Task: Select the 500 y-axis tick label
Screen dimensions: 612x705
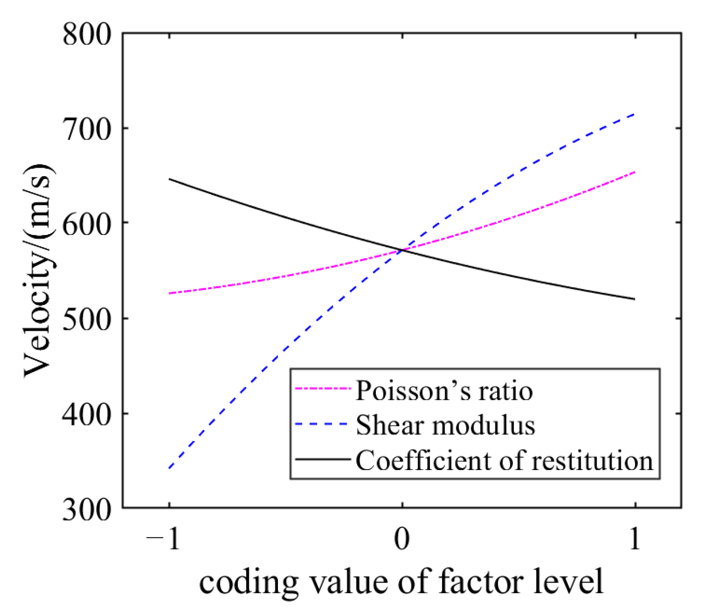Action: pyautogui.click(x=87, y=318)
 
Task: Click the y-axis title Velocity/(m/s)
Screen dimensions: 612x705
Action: pyautogui.click(x=38, y=271)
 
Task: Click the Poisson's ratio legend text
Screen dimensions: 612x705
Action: pyautogui.click(x=444, y=391)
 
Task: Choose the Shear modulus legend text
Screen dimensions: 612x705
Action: pyautogui.click(x=445, y=425)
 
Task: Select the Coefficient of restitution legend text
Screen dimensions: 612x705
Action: pyautogui.click(x=504, y=460)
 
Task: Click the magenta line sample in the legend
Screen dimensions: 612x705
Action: pyautogui.click(x=322, y=389)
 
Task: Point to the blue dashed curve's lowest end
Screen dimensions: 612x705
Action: pyautogui.click(x=169, y=468)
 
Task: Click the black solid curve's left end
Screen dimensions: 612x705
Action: pyautogui.click(x=169, y=179)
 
